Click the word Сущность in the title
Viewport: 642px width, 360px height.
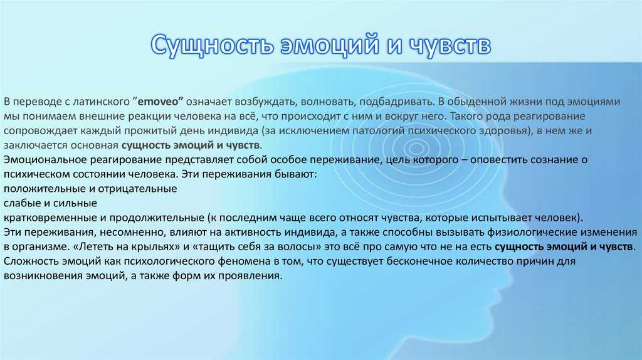click(x=212, y=45)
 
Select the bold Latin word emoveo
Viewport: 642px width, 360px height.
click(x=160, y=101)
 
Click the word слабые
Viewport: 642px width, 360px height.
click(x=21, y=203)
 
